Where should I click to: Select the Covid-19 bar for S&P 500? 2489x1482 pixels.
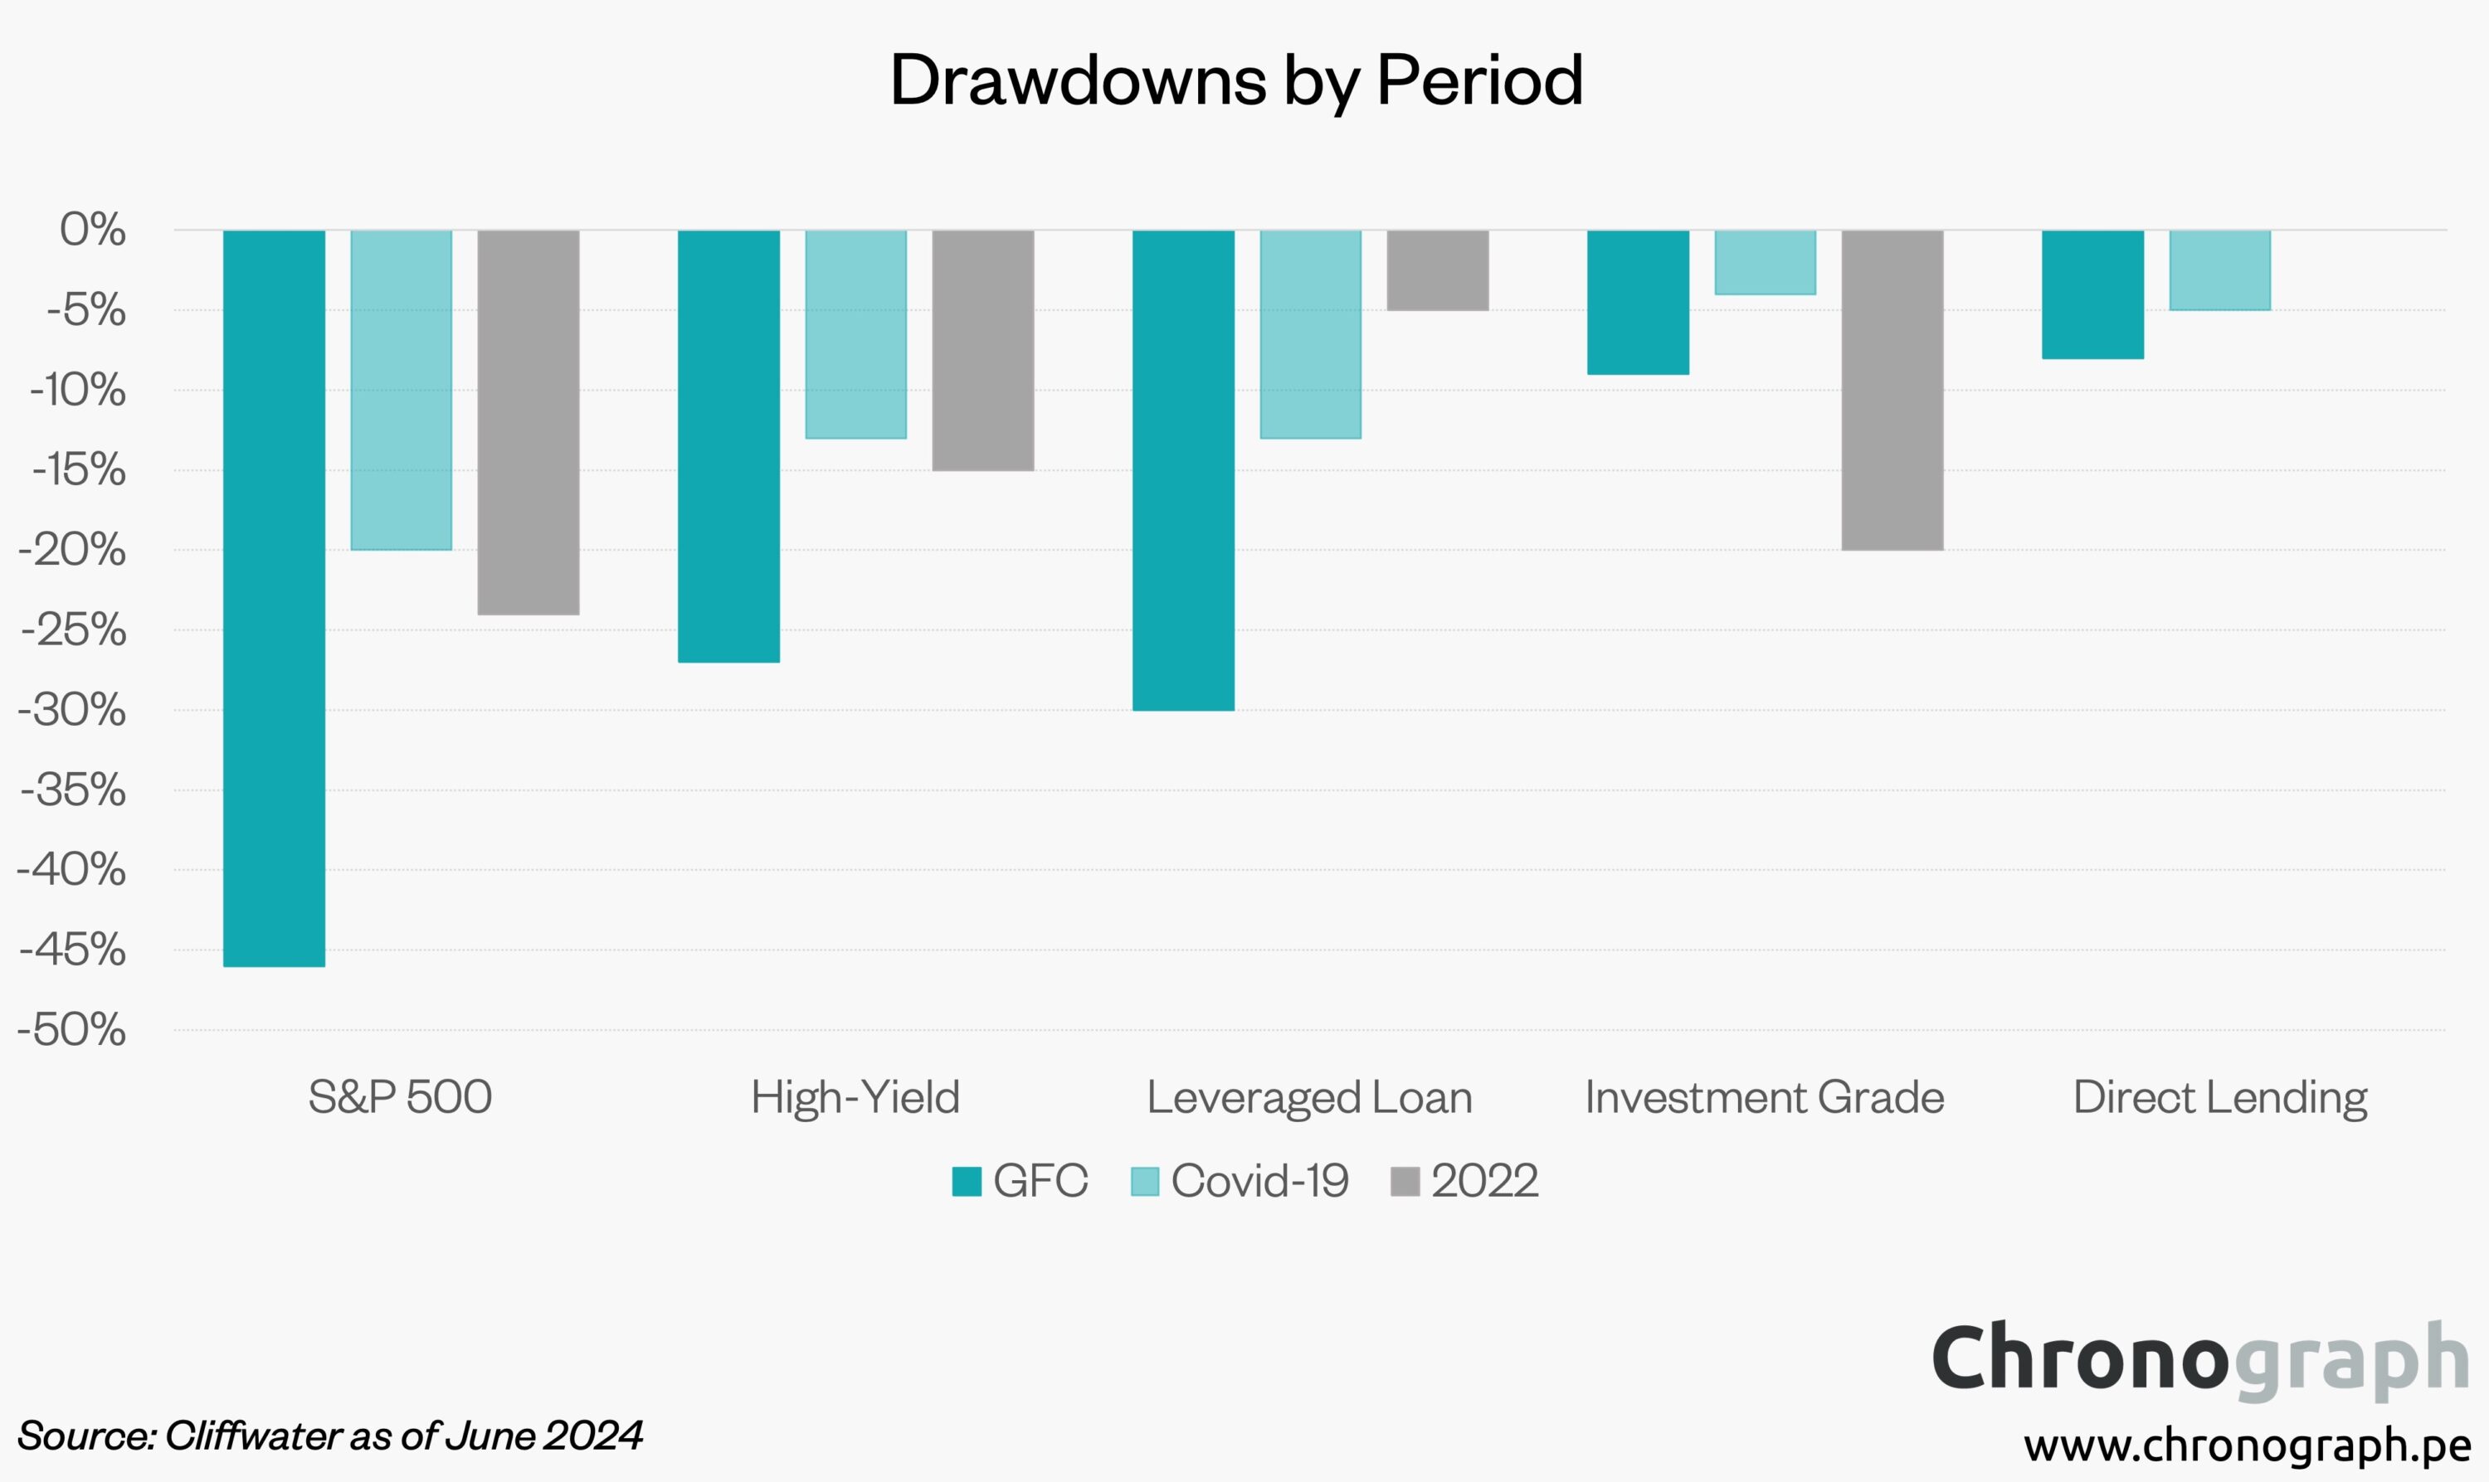[x=401, y=390]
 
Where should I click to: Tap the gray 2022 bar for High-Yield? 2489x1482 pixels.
[x=983, y=349]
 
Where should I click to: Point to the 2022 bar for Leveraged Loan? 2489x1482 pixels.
[x=1437, y=270]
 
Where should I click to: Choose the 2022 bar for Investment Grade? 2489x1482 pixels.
[x=1892, y=390]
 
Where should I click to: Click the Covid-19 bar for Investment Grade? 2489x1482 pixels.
[x=1765, y=261]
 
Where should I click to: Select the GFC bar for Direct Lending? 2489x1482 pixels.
[x=2092, y=294]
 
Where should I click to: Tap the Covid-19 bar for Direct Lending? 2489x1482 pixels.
[x=2219, y=270]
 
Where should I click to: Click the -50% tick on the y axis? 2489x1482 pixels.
[x=72, y=1030]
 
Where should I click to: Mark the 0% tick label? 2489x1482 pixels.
[x=93, y=230]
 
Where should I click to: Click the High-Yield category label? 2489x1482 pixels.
[x=855, y=1097]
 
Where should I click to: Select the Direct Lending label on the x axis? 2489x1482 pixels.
[x=2219, y=1097]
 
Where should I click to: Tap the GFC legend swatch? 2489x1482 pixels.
[x=966, y=1182]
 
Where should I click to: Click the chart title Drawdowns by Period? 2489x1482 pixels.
[x=1235, y=80]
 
